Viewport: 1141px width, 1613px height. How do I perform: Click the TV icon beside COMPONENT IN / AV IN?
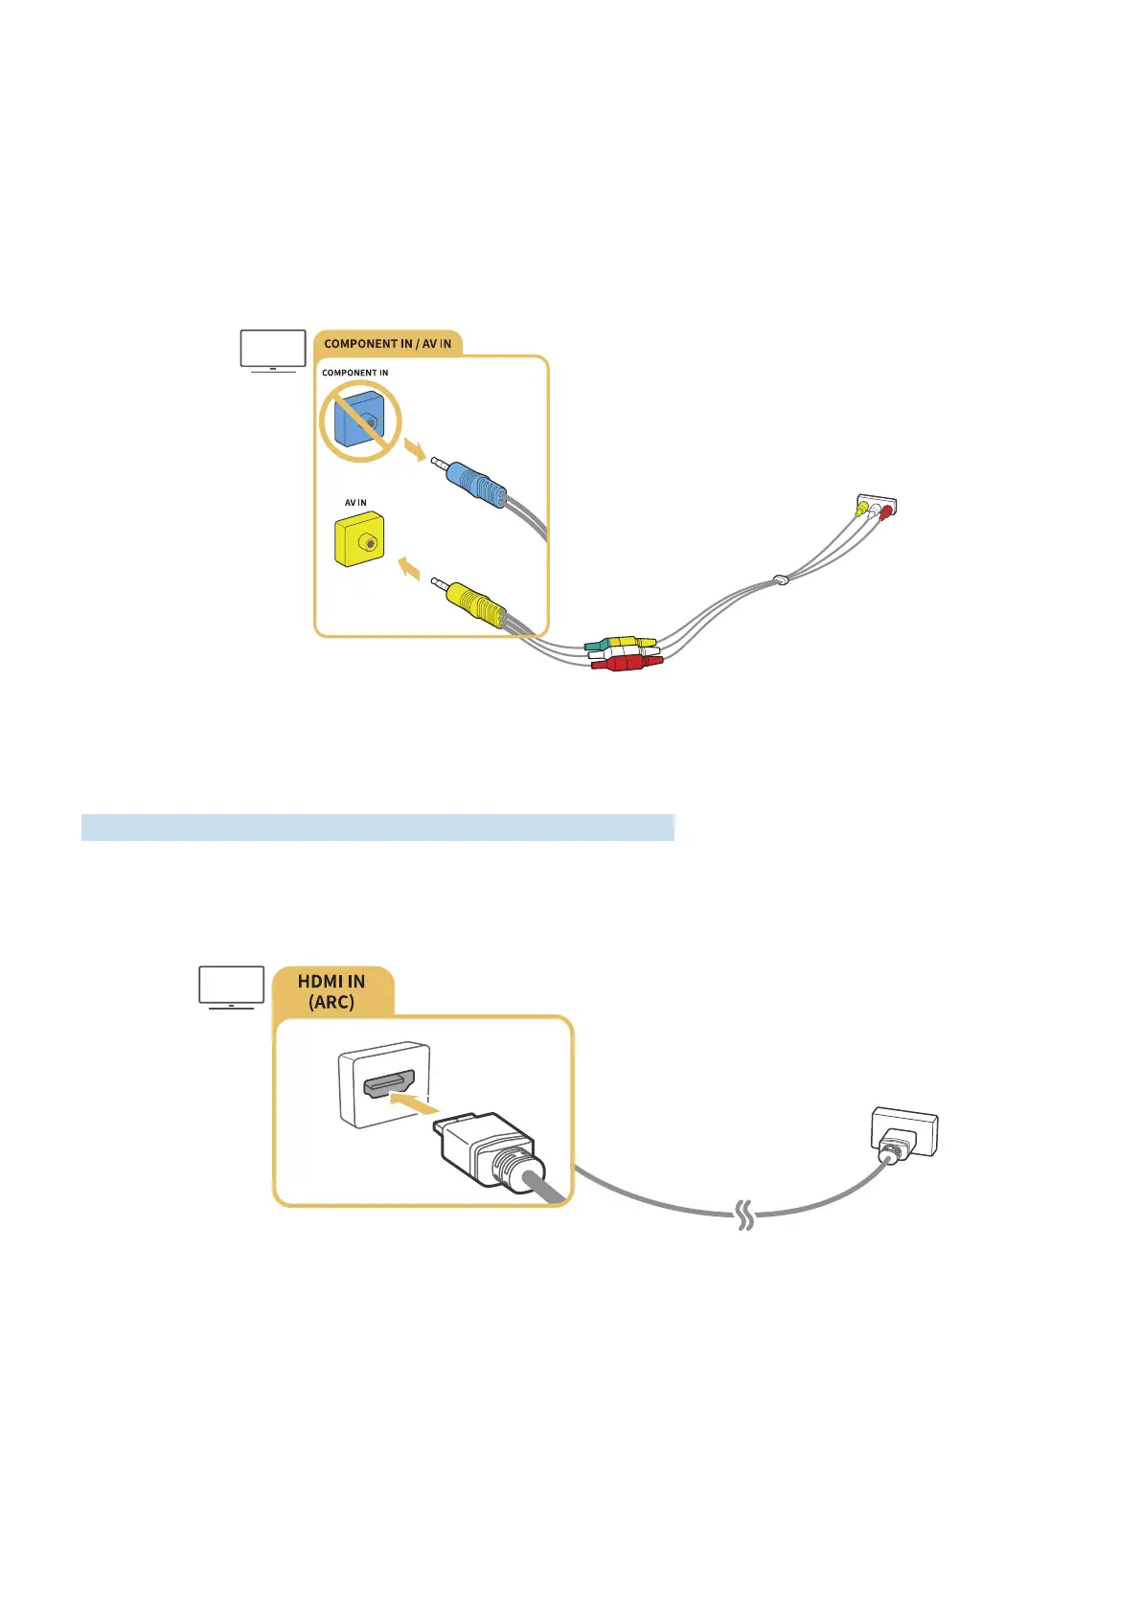tap(273, 351)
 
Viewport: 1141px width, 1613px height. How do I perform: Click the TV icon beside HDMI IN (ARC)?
tap(231, 987)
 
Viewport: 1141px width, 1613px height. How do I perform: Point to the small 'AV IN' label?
tap(355, 503)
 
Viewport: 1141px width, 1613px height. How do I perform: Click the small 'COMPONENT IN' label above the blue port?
tap(354, 373)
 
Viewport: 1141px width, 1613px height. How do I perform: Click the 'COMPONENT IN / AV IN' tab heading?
tap(387, 344)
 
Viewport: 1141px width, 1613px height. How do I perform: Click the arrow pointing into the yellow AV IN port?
tap(409, 569)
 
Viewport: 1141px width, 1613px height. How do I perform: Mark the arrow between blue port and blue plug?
tap(414, 448)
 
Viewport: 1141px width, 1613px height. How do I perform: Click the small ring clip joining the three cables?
tap(783, 579)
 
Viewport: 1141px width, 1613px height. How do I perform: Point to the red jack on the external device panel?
tap(886, 511)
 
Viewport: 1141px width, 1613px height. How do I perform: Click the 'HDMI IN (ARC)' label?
tap(331, 992)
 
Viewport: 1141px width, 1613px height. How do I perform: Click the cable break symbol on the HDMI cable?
tap(744, 1217)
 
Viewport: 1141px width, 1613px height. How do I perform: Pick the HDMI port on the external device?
tap(903, 1132)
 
